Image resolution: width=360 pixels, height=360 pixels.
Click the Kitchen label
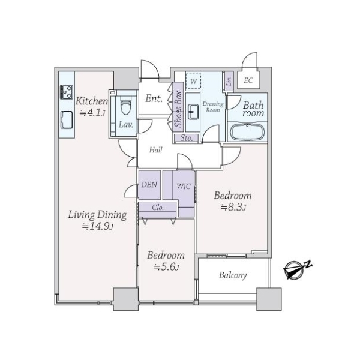[x=92, y=101]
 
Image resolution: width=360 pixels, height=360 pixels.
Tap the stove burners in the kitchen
[x=67, y=92]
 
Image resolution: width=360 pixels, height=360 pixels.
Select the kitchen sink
[x=67, y=119]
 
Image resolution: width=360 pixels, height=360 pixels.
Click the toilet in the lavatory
[x=126, y=105]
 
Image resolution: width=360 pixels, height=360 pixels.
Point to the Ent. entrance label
[x=154, y=98]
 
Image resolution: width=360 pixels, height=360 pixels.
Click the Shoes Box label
[x=178, y=109]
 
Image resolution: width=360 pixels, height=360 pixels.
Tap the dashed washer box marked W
[x=193, y=81]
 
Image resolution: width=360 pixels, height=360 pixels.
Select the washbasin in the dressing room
[x=193, y=112]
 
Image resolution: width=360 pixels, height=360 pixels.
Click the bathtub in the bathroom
[x=247, y=132]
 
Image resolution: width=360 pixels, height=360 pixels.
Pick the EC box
[x=248, y=80]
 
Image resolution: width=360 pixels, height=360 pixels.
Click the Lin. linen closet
[x=229, y=80]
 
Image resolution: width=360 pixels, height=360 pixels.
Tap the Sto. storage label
[x=186, y=138]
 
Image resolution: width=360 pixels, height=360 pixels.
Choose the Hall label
[x=155, y=150]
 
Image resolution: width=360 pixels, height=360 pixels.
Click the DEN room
[x=149, y=185]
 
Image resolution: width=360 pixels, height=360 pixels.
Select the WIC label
[x=184, y=186]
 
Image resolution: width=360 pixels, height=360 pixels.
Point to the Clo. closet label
[x=158, y=208]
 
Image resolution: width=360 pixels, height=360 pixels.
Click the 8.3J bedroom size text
[x=233, y=208]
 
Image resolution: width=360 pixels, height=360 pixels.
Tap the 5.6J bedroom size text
[x=166, y=267]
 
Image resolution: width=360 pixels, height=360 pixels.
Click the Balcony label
[x=233, y=275]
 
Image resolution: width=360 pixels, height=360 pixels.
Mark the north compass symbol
[x=297, y=269]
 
